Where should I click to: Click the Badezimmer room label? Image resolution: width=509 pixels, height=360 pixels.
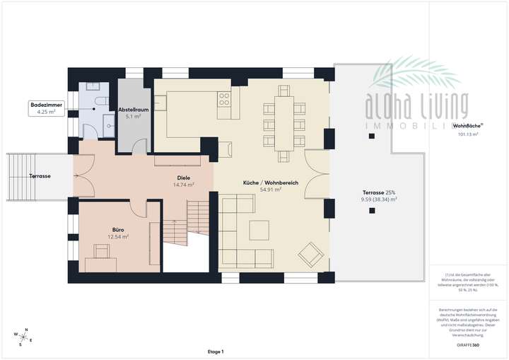click(x=47, y=105)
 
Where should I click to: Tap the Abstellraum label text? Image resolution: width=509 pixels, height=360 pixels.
click(x=133, y=110)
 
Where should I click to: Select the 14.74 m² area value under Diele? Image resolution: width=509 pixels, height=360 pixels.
click(x=183, y=185)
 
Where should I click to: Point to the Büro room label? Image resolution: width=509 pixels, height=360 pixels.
click(x=119, y=230)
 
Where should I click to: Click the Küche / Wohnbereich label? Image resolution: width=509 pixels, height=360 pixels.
click(x=271, y=182)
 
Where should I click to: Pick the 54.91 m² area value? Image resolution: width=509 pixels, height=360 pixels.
click(x=271, y=190)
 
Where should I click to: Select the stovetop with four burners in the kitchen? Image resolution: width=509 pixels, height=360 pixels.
click(x=224, y=100)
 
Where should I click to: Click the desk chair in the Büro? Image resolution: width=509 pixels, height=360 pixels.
click(x=100, y=250)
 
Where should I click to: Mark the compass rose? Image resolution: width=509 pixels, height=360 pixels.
click(x=23, y=336)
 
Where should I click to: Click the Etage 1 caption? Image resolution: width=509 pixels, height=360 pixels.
click(x=216, y=352)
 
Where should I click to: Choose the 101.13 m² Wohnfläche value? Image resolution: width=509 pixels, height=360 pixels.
click(x=468, y=133)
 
